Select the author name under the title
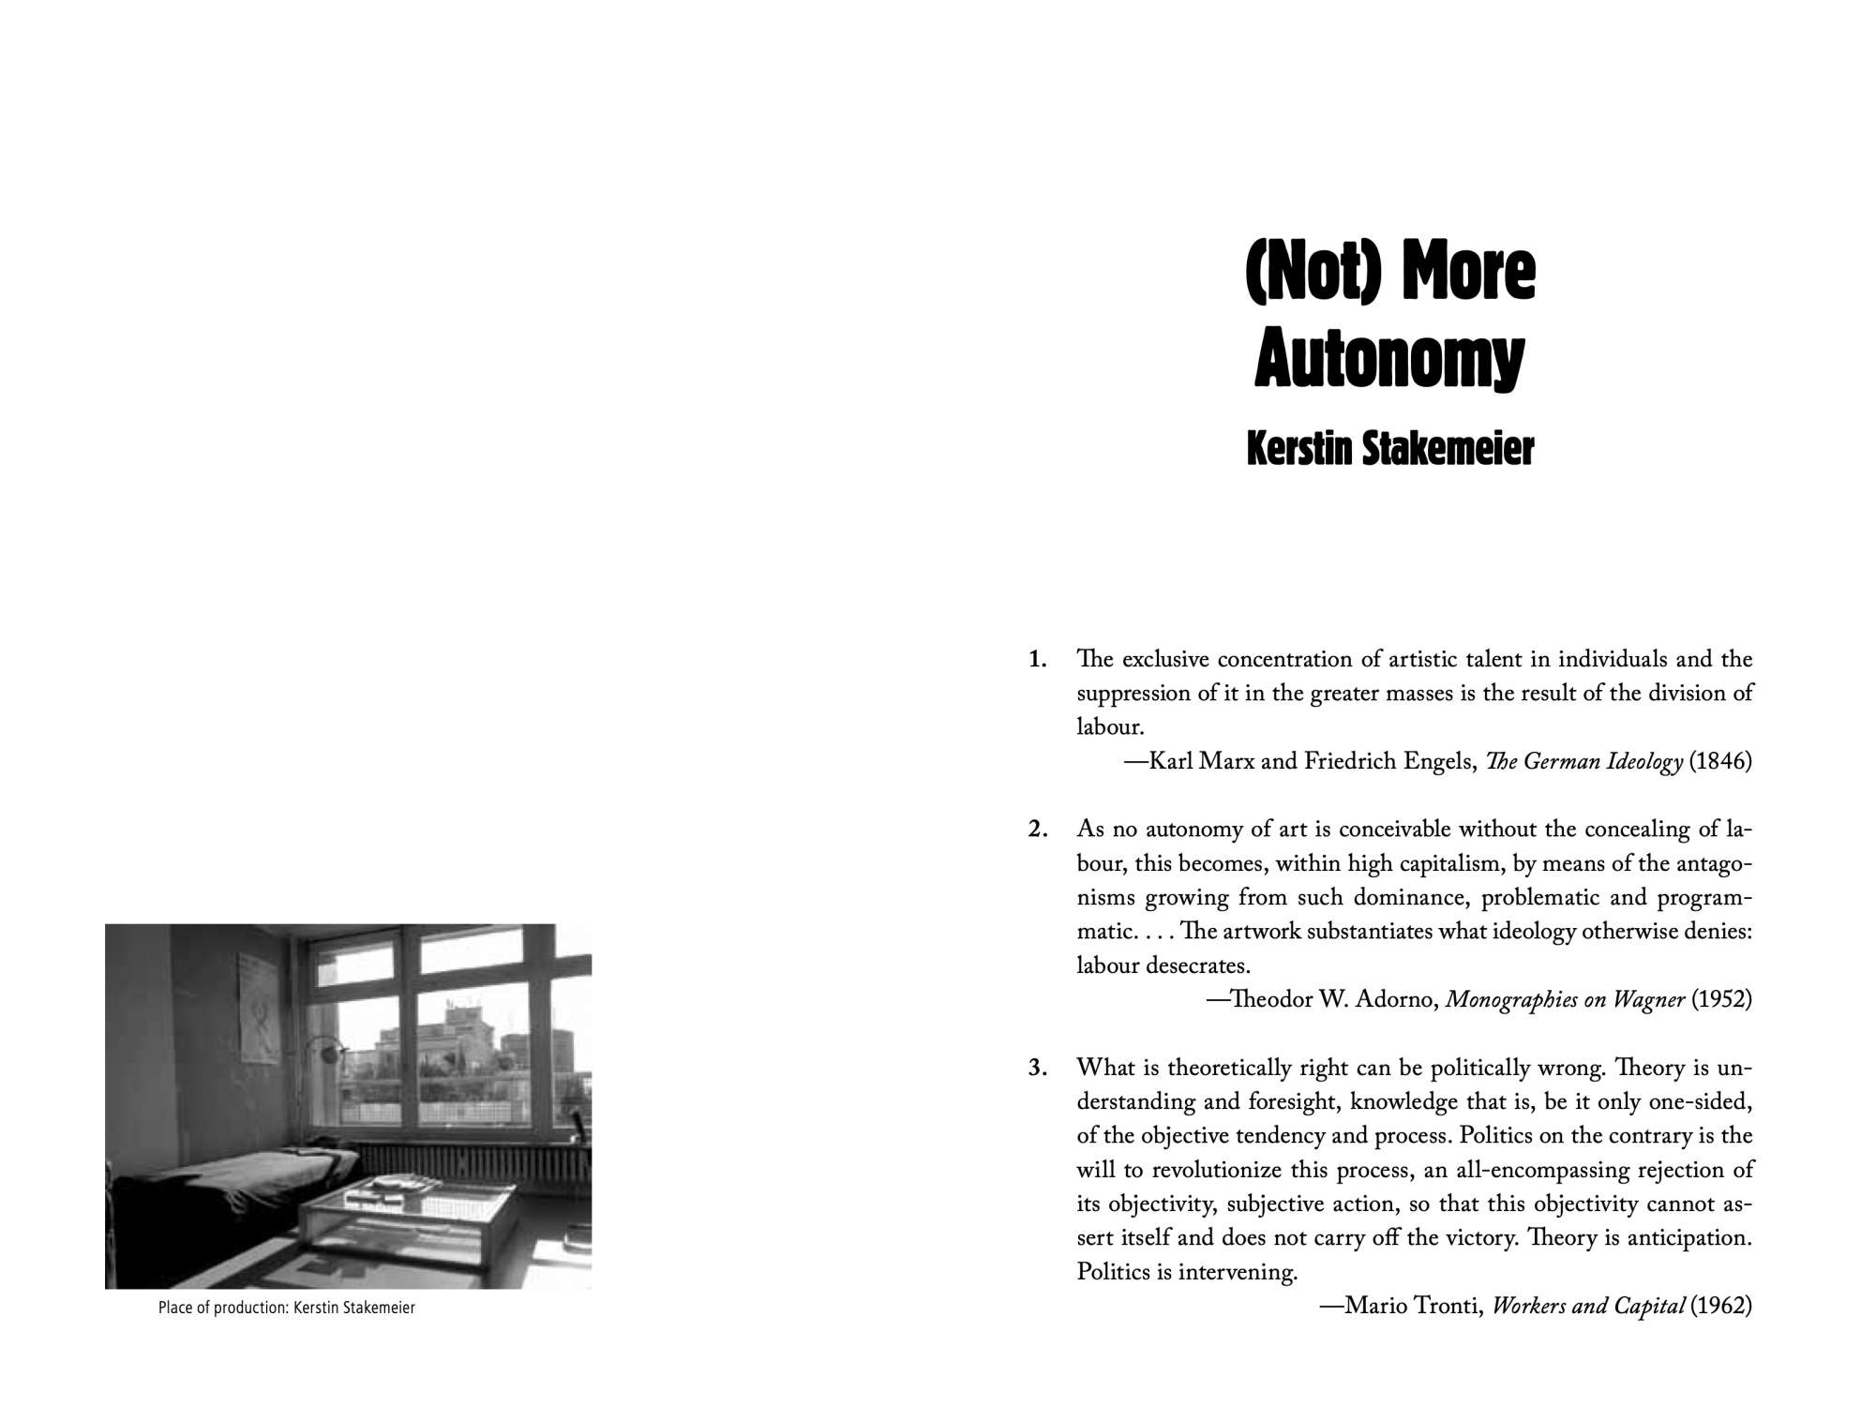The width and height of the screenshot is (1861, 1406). pos(1389,449)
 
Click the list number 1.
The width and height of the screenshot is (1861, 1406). pos(1037,660)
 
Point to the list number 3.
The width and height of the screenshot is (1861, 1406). pos(1037,1068)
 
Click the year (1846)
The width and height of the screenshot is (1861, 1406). pos(1719,761)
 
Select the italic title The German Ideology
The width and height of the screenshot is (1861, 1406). pos(1583,761)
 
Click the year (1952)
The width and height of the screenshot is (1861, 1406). pos(1720,1000)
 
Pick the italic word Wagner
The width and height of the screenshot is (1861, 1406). pos(1648,1000)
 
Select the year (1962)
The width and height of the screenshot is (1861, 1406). pos(1720,1307)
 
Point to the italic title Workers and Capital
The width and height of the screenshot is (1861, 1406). pos(1588,1307)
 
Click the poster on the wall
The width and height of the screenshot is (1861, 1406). pos(260,1010)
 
